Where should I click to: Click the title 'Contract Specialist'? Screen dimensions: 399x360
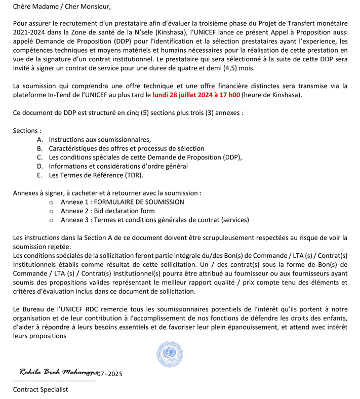(x=41, y=389)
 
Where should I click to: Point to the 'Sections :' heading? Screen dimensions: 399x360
(x=27, y=131)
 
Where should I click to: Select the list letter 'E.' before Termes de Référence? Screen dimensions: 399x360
(x=40, y=175)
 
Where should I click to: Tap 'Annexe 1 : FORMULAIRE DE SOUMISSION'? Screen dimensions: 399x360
(x=122, y=202)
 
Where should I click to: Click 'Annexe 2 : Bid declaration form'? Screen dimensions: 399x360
(x=107, y=211)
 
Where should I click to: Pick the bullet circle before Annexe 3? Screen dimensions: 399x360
(x=51, y=220)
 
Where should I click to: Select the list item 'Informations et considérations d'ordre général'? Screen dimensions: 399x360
(x=118, y=166)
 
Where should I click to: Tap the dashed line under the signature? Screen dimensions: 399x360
(x=54, y=381)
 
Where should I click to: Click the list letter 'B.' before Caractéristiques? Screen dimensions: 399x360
(x=40, y=148)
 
